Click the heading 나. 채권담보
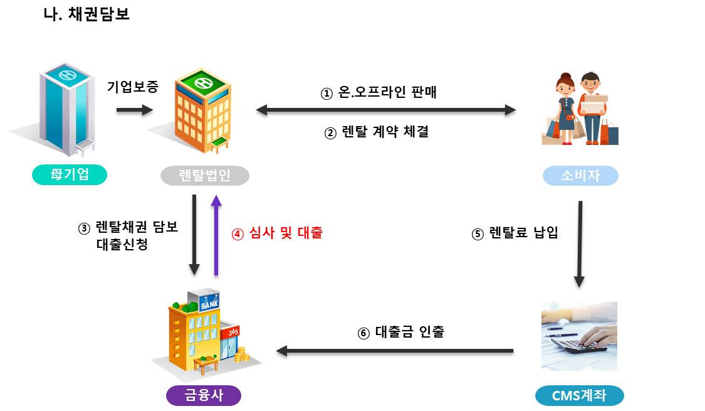86,14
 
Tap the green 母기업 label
70,175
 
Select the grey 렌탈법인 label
204,176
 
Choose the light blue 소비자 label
580,176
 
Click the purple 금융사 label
203,395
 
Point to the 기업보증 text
132,87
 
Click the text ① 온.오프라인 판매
378,93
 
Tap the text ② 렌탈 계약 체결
378,132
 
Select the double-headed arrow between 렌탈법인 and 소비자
386,113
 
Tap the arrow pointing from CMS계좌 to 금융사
395,353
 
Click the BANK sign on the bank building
208,305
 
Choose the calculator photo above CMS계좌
579,336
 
